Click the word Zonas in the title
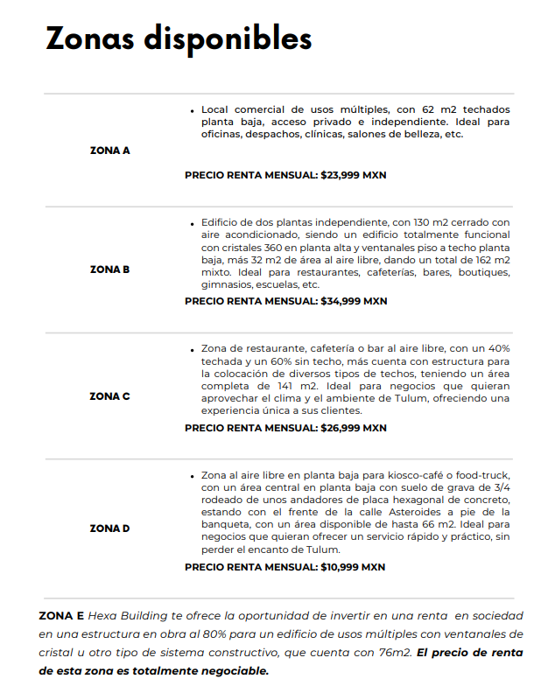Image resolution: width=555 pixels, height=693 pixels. coord(89,38)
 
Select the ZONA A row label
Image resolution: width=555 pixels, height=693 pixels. coord(109,150)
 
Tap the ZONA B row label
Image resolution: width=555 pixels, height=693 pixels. coord(109,269)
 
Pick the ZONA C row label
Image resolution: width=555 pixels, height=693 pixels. coord(109,396)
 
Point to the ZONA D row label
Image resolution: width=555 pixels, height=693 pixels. coord(109,528)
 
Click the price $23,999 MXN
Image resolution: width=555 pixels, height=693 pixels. coord(354,175)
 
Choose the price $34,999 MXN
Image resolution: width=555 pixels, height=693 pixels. coord(354,301)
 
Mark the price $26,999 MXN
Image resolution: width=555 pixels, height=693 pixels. coord(354,428)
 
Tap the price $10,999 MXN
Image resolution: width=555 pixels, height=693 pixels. coord(354,567)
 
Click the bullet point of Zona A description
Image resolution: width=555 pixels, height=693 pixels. coord(192,110)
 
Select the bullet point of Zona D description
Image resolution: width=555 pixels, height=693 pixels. coord(192,475)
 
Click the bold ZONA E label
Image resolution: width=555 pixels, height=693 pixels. coord(61,615)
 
